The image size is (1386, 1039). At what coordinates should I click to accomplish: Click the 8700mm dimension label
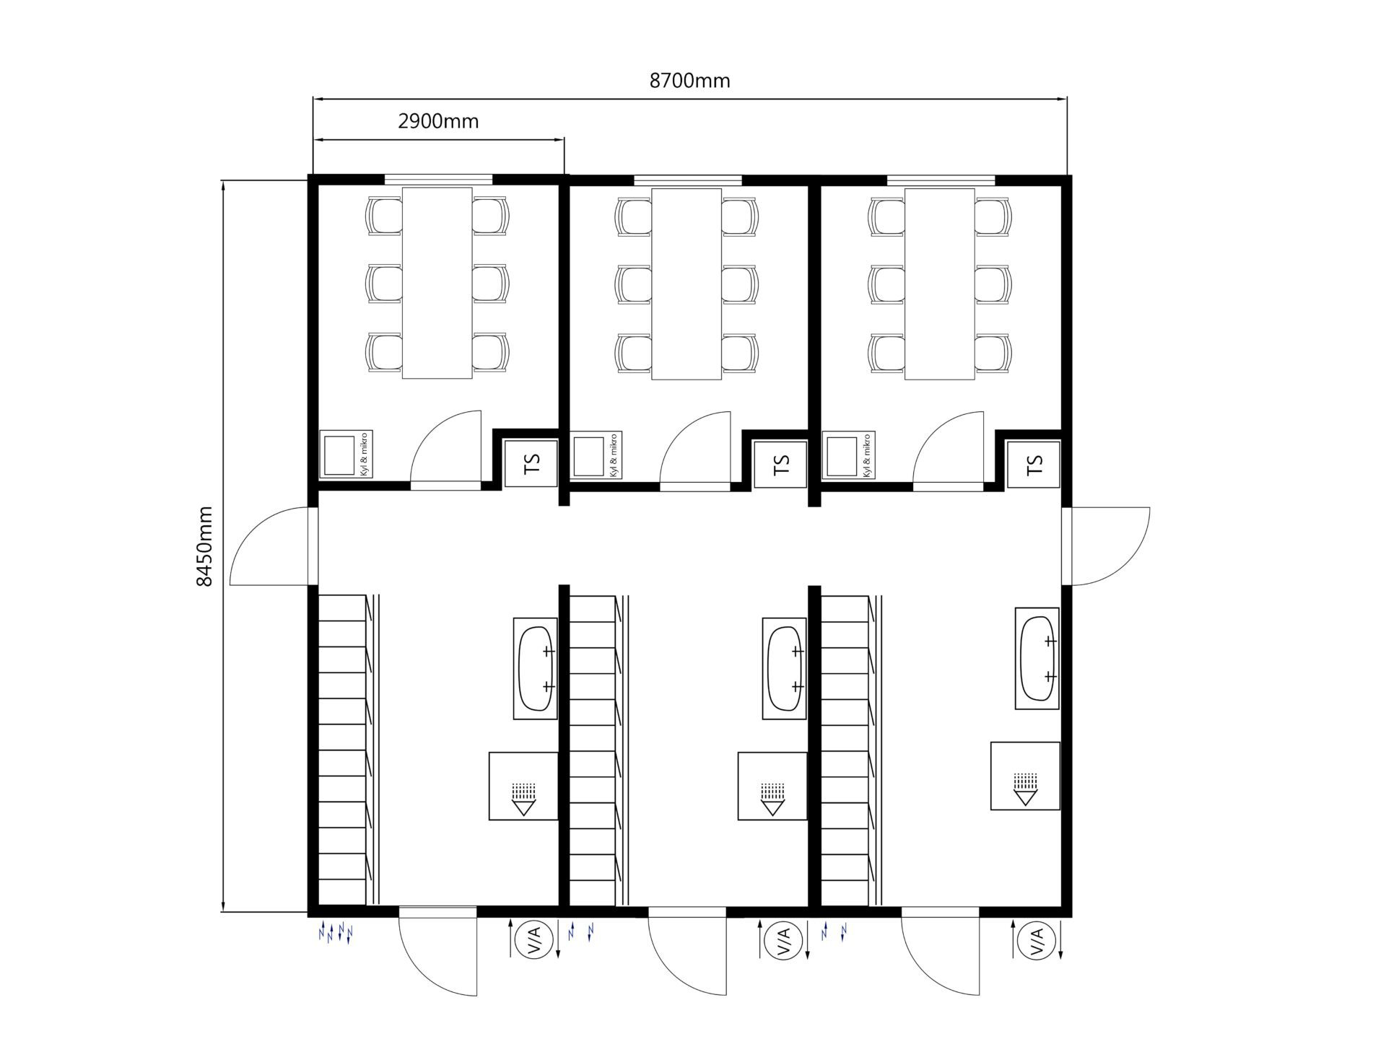pos(689,81)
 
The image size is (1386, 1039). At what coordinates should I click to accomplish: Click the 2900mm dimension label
pos(438,121)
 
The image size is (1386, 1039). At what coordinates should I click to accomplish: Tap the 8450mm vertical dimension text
pos(205,545)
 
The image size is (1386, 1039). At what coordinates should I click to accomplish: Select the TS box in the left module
pos(531,463)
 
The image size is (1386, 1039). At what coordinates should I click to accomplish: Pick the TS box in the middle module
pos(780,463)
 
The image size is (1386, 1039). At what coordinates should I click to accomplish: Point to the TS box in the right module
pos(1034,463)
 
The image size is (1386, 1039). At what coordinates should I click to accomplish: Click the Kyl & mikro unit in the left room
pos(346,455)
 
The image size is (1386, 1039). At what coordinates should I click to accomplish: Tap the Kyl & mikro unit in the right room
pos(848,455)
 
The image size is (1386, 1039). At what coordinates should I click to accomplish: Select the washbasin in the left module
pos(535,668)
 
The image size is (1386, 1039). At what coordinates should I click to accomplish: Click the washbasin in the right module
pos(1037,658)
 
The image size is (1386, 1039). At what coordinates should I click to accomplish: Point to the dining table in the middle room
pos(687,284)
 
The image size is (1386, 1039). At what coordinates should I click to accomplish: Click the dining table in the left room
pos(437,283)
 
